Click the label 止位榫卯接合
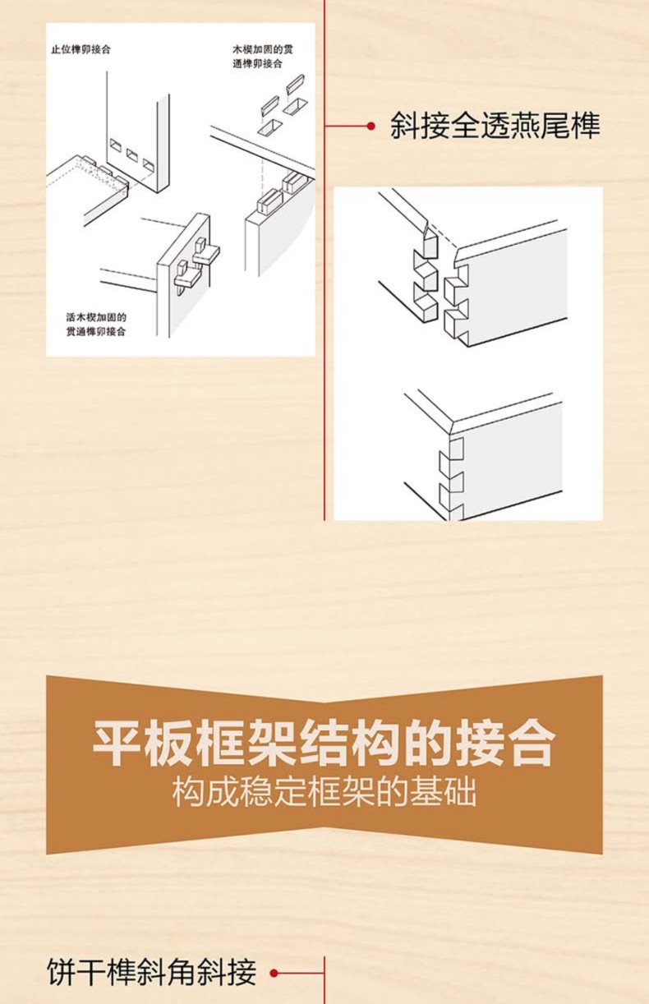click(81, 49)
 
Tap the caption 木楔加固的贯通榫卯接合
click(263, 57)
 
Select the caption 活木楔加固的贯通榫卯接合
click(96, 325)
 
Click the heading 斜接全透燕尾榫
click(495, 126)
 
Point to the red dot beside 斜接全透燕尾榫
click(371, 126)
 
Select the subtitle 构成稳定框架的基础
click(324, 793)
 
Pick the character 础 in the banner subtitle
click(461, 793)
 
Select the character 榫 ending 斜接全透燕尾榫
click(586, 126)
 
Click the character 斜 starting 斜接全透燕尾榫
click(405, 126)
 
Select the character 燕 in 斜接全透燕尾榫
click(525, 126)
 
